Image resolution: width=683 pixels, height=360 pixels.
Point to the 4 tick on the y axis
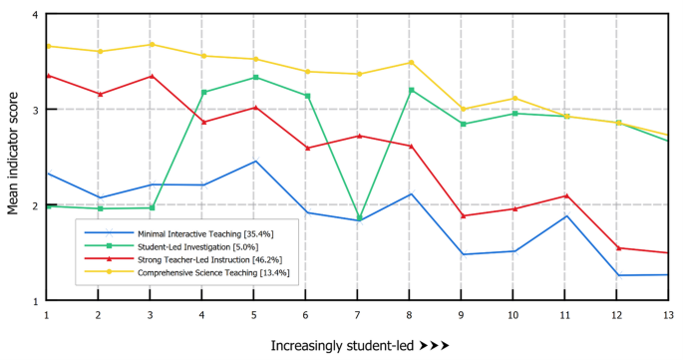tap(35, 16)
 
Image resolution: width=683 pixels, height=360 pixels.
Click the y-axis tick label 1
tap(35, 300)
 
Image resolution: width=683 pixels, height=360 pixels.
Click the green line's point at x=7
tap(356, 217)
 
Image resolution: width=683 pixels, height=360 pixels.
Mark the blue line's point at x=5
tap(254, 162)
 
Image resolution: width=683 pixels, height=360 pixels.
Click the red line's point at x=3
tap(151, 76)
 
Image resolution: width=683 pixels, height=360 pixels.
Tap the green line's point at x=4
tap(203, 92)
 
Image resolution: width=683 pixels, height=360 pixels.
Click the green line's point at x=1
tap(47, 205)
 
